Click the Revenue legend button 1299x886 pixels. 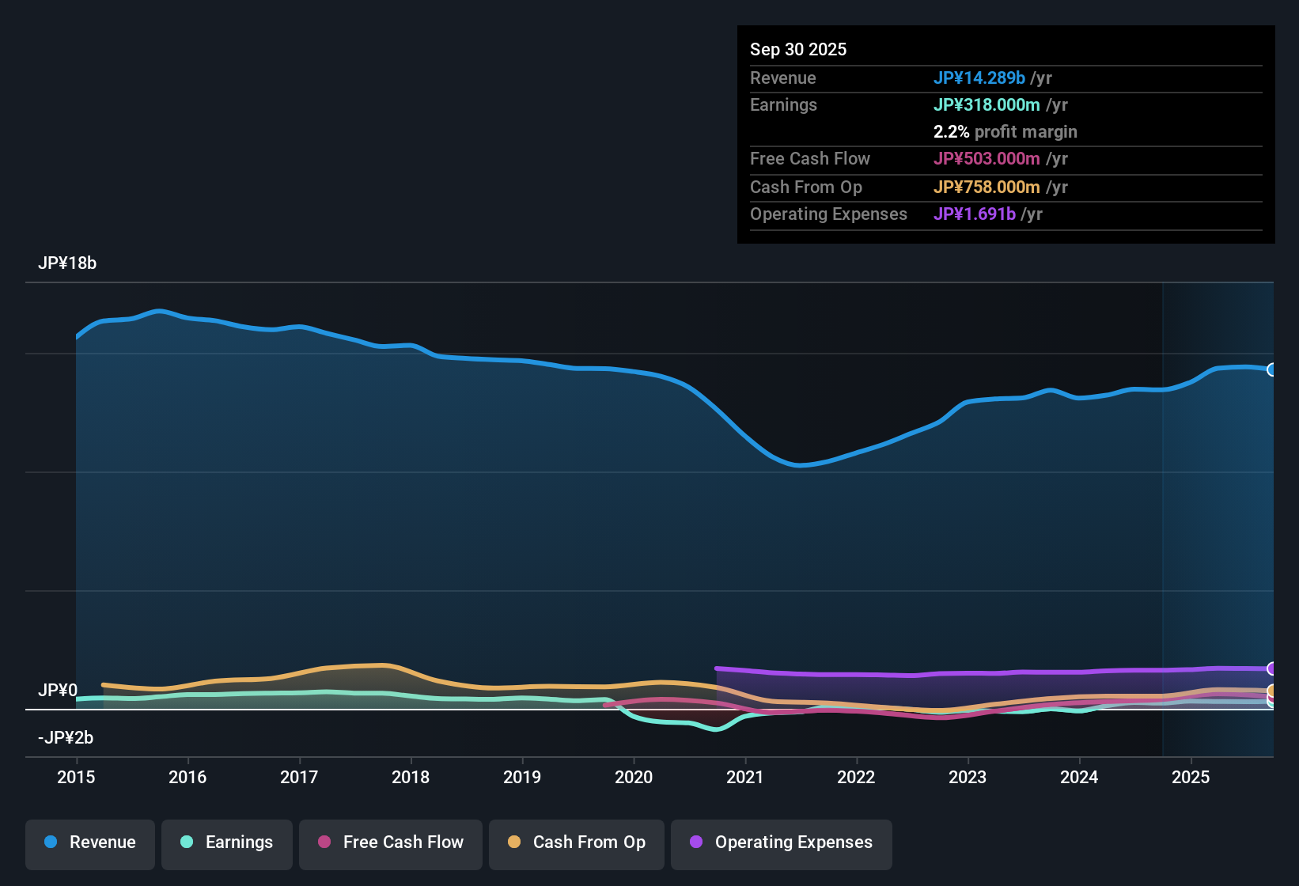pyautogui.click(x=89, y=842)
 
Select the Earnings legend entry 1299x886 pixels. pyautogui.click(x=226, y=842)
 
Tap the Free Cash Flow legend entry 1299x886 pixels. pyautogui.click(x=390, y=842)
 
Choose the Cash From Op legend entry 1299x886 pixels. pyautogui.click(x=576, y=842)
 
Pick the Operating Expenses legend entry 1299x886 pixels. pyautogui.click(x=781, y=842)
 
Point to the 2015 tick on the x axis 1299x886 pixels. pyautogui.click(x=76, y=777)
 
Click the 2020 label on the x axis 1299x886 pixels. pyautogui.click(x=634, y=777)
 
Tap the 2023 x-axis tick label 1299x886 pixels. pyautogui.click(x=968, y=777)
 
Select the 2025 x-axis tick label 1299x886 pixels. pyautogui.click(x=1191, y=777)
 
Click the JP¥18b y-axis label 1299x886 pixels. pyautogui.click(x=67, y=263)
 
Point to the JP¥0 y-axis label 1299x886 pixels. pyautogui.click(x=58, y=691)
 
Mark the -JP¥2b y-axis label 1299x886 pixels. pyautogui.click(x=66, y=738)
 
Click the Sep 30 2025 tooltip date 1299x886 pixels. pyautogui.click(x=798, y=50)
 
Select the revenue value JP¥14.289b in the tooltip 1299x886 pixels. pyautogui.click(x=979, y=78)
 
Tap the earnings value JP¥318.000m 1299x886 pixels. pyautogui.click(x=987, y=105)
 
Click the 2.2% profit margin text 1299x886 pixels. pyautogui.click(x=1005, y=132)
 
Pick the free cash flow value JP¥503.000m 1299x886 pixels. pyautogui.click(x=987, y=159)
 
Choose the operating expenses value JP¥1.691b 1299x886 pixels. pyautogui.click(x=974, y=214)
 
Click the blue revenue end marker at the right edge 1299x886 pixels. pyautogui.click(x=1271, y=369)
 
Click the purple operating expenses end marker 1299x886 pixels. pyautogui.click(x=1271, y=668)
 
